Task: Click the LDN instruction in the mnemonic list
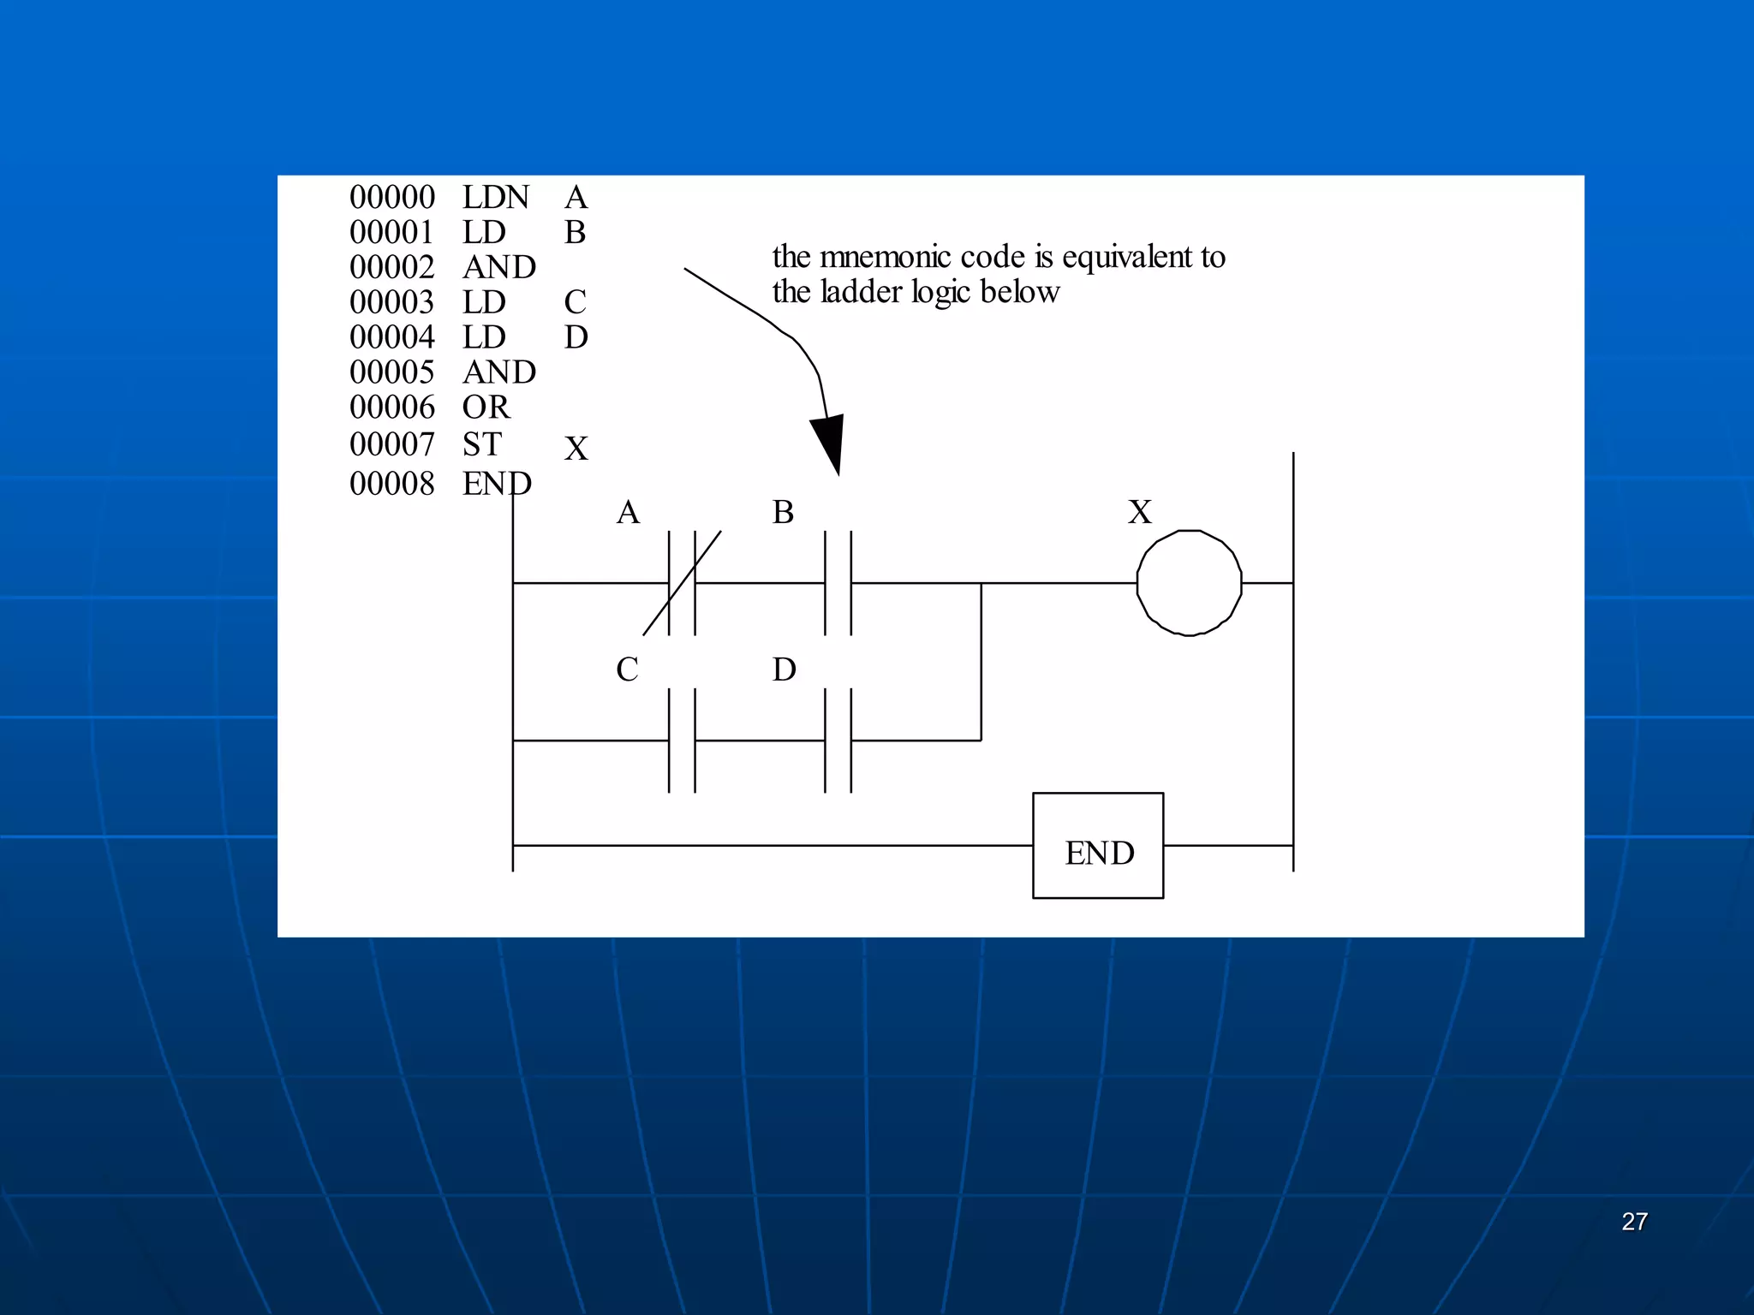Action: [496, 198]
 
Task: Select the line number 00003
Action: [392, 302]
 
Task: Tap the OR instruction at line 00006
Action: [486, 408]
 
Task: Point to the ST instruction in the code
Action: [481, 445]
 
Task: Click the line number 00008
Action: [392, 484]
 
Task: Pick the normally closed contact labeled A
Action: [682, 583]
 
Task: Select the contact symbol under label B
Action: [838, 583]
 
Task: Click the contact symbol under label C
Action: [682, 741]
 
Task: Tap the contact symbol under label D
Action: [838, 741]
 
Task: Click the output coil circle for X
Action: [1189, 583]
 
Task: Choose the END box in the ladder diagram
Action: [1098, 846]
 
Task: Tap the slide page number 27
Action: [1634, 1222]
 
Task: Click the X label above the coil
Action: [1140, 512]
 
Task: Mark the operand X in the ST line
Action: [576, 449]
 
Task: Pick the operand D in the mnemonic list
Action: [576, 337]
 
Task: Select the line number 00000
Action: [392, 198]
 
